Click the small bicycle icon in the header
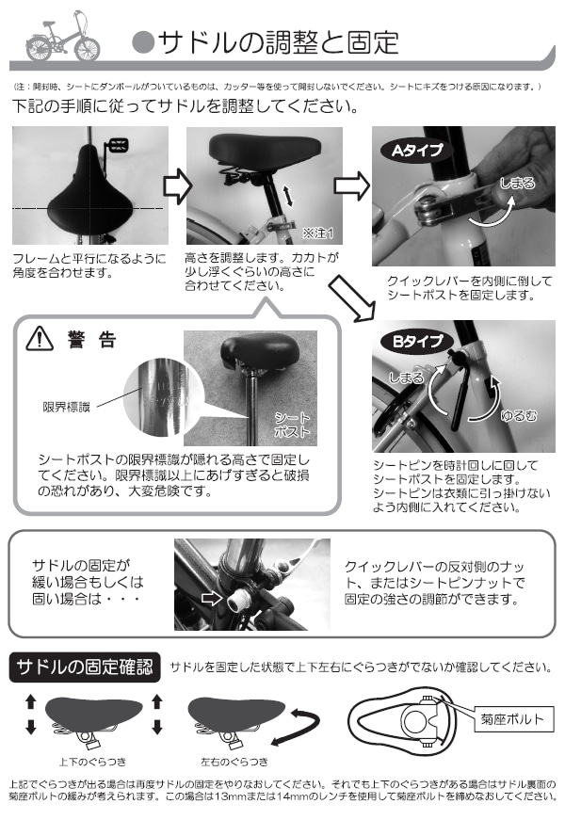point(61,38)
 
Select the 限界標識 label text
point(67,407)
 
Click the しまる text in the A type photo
point(517,183)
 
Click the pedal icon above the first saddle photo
point(117,145)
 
